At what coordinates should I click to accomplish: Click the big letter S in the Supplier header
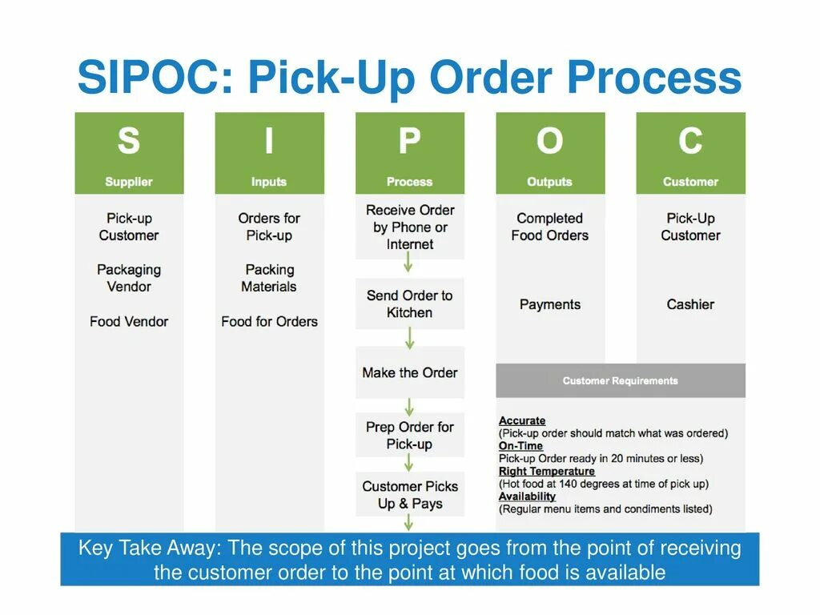tap(128, 142)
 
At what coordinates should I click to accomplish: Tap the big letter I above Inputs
tap(269, 142)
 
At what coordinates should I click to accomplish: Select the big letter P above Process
tap(409, 142)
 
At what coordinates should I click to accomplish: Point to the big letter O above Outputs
tap(549, 142)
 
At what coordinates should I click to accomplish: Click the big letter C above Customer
tap(690, 142)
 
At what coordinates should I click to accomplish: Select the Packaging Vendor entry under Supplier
tap(129, 278)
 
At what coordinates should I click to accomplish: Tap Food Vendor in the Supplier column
tap(129, 321)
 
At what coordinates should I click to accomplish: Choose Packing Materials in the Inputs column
tap(269, 278)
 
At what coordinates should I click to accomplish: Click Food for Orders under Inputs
tap(269, 321)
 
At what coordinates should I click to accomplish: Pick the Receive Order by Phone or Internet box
tap(410, 227)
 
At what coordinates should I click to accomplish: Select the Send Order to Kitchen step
tap(410, 304)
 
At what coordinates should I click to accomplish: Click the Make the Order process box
tap(410, 372)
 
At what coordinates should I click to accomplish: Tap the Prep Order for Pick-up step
tap(410, 435)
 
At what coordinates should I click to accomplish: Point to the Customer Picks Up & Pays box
tap(410, 495)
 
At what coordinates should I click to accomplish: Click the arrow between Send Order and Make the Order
tap(409, 338)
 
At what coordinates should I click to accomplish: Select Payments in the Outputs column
tap(549, 304)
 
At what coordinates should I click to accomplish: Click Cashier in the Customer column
tap(690, 304)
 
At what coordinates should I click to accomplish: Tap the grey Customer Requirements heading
tap(621, 380)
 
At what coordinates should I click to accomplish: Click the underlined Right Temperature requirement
tap(546, 472)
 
